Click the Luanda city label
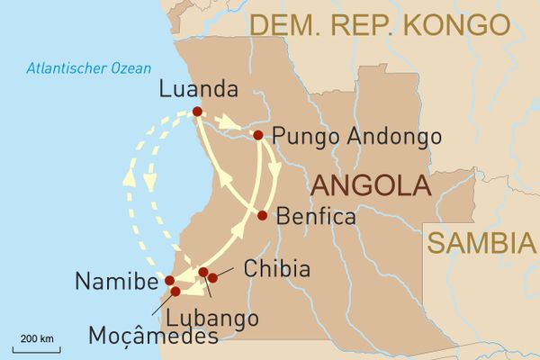point(197,90)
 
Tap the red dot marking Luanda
point(196,112)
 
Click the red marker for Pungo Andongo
point(258,135)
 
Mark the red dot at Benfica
point(262,215)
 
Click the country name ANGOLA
point(369,186)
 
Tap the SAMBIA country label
point(475,243)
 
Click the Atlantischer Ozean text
point(88,67)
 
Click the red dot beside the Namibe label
point(170,280)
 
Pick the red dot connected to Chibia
point(213,277)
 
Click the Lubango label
point(212,317)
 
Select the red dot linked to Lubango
point(203,272)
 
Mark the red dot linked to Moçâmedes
point(175,292)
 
